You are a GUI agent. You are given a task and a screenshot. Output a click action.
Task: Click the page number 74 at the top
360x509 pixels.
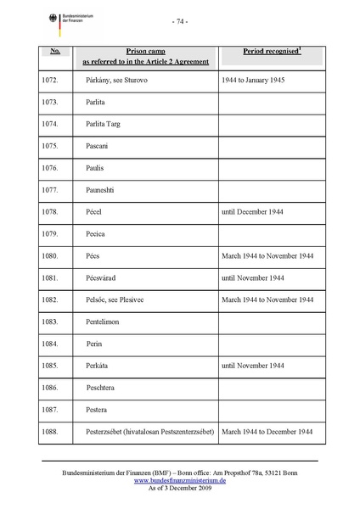(179, 20)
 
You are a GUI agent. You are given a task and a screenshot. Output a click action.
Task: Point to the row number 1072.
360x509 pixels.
(50, 80)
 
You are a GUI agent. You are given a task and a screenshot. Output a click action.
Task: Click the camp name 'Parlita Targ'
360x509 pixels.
(103, 124)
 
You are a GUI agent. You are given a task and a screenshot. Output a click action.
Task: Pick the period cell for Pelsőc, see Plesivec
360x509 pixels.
(268, 299)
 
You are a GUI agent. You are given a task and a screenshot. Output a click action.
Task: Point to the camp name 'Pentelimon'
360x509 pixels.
(105, 322)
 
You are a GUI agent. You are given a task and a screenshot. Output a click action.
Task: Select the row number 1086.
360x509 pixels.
(50, 388)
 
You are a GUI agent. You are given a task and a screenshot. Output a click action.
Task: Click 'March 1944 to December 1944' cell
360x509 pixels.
(268, 432)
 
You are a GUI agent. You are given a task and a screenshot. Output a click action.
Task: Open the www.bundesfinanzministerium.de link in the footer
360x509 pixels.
(179, 480)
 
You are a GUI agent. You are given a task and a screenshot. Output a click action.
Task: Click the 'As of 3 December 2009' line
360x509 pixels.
(179, 489)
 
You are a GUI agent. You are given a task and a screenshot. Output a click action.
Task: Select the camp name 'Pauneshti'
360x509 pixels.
(104, 190)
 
